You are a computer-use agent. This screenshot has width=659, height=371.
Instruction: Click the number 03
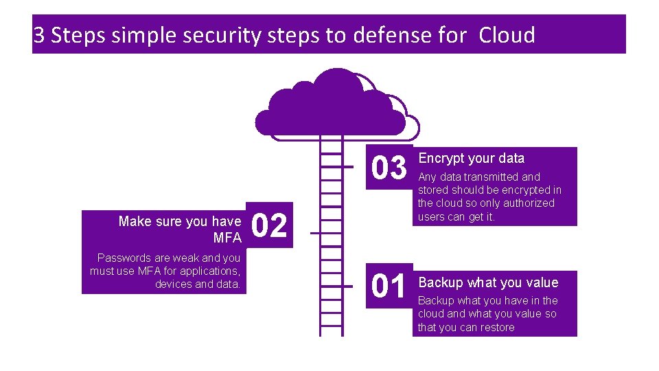coord(389,168)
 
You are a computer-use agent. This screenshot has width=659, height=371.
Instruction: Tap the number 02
coord(270,226)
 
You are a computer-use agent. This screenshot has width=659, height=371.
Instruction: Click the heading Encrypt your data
coord(471,159)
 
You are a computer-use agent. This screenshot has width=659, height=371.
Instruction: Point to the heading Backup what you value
coord(488,282)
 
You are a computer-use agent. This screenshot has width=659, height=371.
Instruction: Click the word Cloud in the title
coord(507,35)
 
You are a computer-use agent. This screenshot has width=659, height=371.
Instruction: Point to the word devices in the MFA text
coord(174,284)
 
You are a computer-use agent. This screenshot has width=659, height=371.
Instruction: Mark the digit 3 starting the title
coord(39,35)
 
